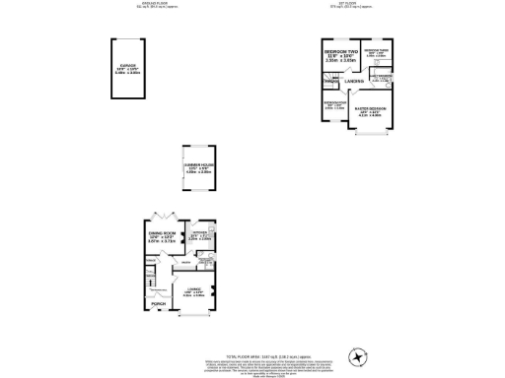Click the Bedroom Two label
click(x=339, y=56)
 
